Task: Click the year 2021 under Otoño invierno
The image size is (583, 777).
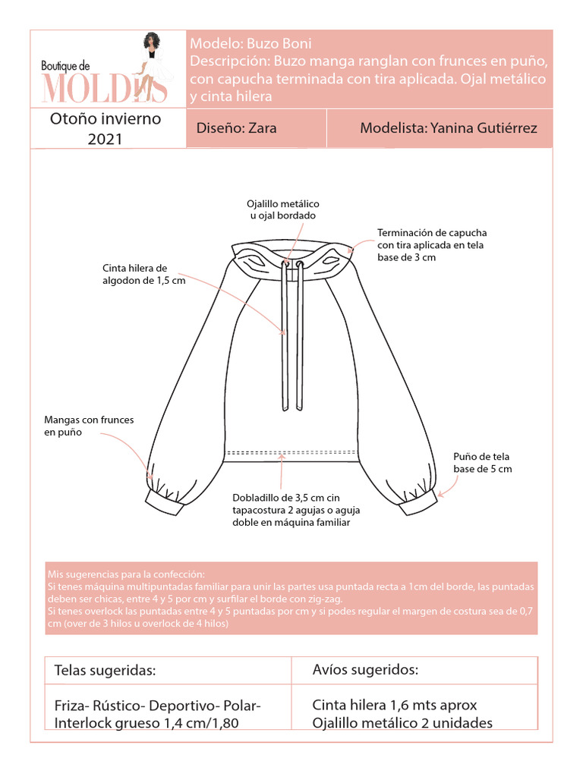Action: tap(105, 139)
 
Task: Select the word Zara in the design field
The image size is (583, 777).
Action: tap(262, 128)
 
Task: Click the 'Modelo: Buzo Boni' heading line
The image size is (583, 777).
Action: tap(251, 43)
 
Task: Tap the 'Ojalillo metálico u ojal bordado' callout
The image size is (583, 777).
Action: tap(283, 210)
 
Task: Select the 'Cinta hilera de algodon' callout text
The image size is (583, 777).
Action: tap(144, 275)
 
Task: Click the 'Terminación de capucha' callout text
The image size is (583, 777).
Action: tap(431, 245)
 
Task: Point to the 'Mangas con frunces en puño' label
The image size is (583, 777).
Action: tap(89, 426)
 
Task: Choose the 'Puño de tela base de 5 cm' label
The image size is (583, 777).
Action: tap(482, 463)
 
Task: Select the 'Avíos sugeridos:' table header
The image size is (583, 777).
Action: tap(365, 670)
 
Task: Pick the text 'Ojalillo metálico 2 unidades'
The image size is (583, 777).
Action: tap(402, 722)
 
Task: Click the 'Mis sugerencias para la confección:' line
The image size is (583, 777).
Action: tap(126, 574)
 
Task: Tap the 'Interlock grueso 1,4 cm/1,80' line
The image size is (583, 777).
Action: tap(147, 723)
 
